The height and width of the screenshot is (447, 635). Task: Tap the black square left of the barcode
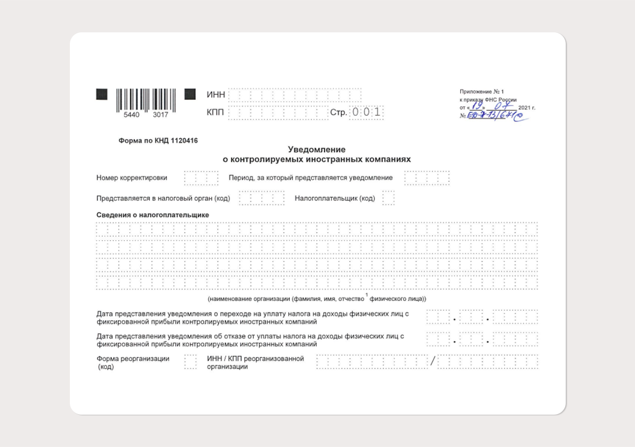pyautogui.click(x=102, y=94)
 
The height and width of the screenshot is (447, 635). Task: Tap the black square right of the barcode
pyautogui.click(x=190, y=94)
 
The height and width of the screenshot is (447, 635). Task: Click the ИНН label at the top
pyautogui.click(x=215, y=95)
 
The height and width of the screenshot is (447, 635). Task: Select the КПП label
pyautogui.click(x=215, y=112)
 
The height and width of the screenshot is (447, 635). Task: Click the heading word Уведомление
pyautogui.click(x=316, y=150)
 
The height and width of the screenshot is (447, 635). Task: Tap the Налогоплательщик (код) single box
pyautogui.click(x=388, y=198)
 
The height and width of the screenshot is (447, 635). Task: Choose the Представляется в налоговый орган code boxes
pyautogui.click(x=262, y=198)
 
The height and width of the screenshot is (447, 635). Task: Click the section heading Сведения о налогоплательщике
pyautogui.click(x=152, y=215)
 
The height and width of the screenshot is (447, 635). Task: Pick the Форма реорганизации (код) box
pyautogui.click(x=190, y=362)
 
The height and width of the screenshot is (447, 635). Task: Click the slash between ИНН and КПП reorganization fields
pyautogui.click(x=432, y=362)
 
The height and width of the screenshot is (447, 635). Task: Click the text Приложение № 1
pyautogui.click(x=481, y=92)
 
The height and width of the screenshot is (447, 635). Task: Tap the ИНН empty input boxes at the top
pyautogui.click(x=294, y=95)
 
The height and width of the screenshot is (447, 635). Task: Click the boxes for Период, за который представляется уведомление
pyautogui.click(x=427, y=178)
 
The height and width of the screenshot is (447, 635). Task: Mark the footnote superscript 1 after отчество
pyautogui.click(x=366, y=295)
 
